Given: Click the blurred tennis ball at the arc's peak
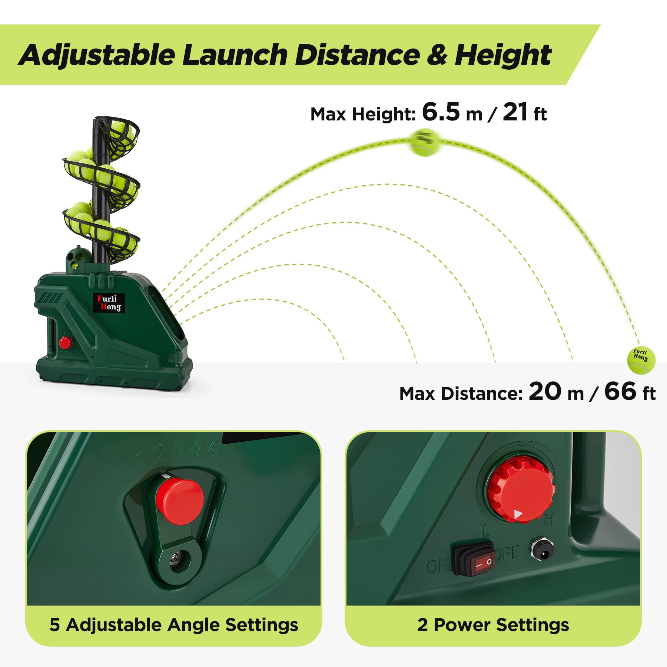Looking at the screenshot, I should (x=425, y=142).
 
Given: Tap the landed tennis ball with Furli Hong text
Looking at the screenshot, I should (x=641, y=360).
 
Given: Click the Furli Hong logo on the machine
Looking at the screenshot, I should (x=109, y=303).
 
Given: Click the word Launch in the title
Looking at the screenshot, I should (x=235, y=55).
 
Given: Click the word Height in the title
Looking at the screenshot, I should (x=503, y=55).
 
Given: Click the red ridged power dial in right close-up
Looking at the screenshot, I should (x=521, y=490).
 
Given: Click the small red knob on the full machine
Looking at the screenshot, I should (x=65, y=343).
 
